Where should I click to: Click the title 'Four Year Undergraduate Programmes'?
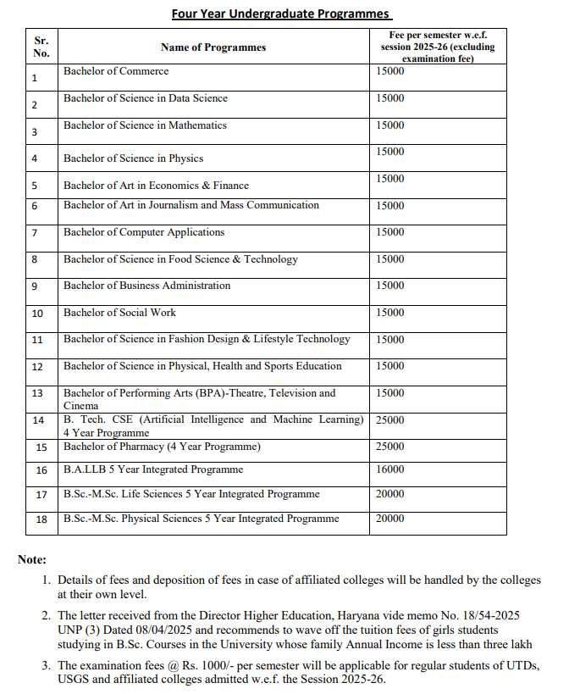click(282, 14)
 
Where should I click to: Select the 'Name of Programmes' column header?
click(213, 47)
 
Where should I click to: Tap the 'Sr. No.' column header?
click(41, 47)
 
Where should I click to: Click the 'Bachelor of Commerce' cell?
click(116, 71)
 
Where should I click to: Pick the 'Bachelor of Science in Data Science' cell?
click(146, 98)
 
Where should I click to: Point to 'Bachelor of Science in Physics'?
click(133, 158)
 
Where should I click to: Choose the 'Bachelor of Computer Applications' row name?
click(144, 232)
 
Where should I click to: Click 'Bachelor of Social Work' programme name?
click(119, 313)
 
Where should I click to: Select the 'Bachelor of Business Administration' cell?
click(146, 286)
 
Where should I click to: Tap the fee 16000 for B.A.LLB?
click(390, 469)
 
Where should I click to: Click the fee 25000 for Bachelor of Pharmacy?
click(390, 447)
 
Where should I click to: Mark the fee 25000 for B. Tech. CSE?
click(390, 420)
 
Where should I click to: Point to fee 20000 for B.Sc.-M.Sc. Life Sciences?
click(390, 494)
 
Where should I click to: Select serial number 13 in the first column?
click(37, 393)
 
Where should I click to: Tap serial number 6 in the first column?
click(35, 206)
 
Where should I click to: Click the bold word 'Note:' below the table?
click(32, 559)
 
